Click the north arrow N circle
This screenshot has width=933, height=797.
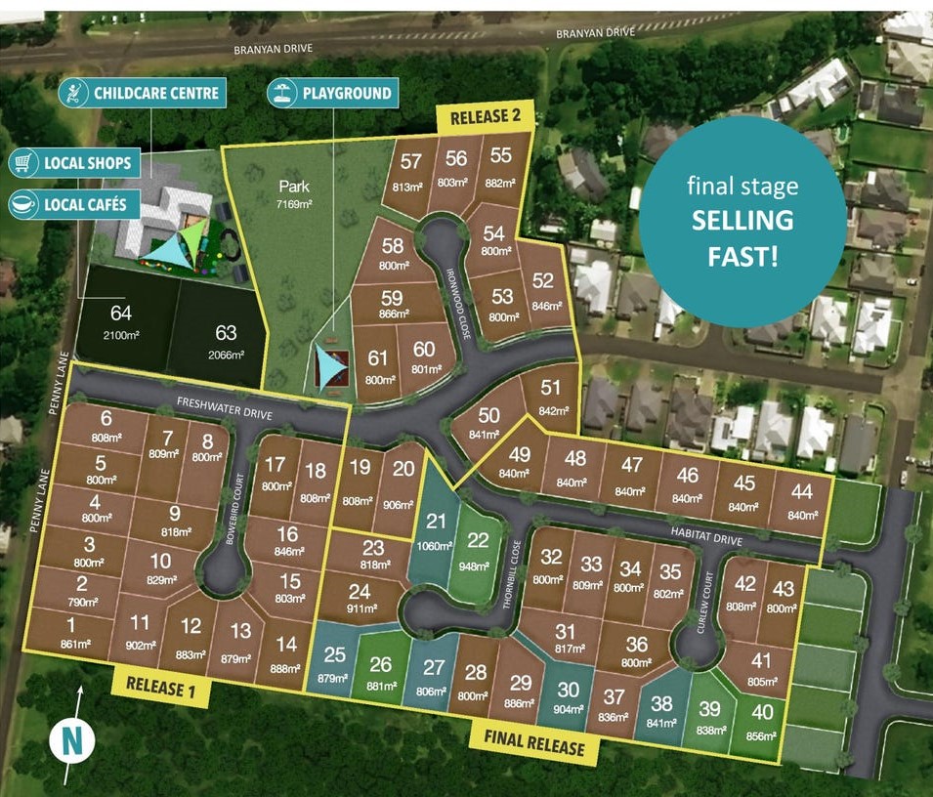[72, 739]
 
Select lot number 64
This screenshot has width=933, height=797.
[121, 319]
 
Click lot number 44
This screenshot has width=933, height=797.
[803, 501]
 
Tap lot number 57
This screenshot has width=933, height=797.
[411, 171]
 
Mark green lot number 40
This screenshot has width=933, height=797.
[761, 722]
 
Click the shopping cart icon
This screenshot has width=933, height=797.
[23, 161]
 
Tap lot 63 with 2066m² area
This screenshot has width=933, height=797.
[226, 342]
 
